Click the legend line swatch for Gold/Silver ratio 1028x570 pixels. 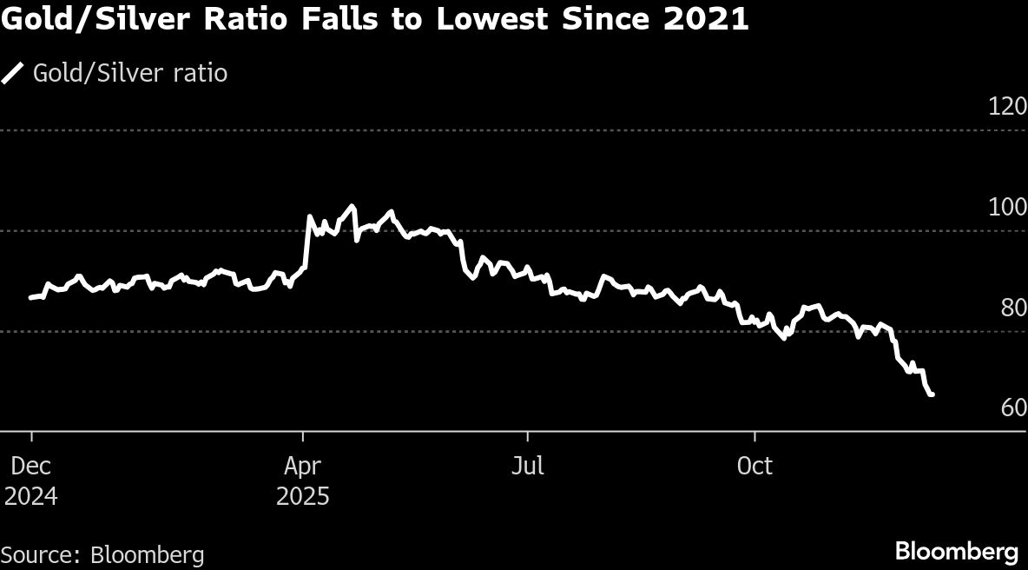13,74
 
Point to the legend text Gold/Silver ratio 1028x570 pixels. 130,74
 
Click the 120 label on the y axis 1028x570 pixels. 1007,108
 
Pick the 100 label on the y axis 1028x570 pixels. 1007,209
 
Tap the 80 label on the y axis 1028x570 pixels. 1013,308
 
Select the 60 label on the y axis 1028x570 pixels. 1013,408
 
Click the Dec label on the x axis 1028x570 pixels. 31,467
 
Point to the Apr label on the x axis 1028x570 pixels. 302,467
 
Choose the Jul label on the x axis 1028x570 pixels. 527,467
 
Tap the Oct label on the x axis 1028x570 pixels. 755,467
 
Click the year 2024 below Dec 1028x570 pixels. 31,497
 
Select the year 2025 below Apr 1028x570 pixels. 302,497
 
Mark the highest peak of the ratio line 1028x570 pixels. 352,206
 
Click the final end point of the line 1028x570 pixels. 932,395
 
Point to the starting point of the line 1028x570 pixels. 31,297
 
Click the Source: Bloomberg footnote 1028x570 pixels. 102,554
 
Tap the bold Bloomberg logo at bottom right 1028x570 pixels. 957,552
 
